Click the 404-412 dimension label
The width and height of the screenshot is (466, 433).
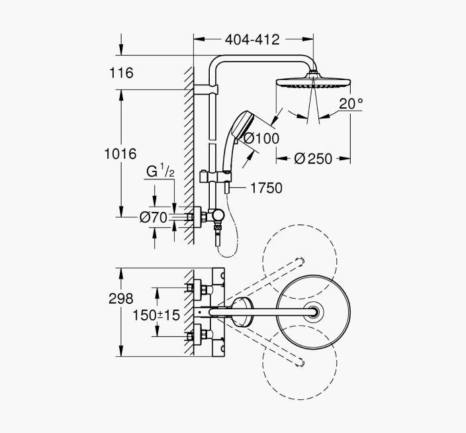(x=252, y=40)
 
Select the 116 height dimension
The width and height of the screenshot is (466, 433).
(x=121, y=73)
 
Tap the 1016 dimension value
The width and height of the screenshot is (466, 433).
(x=120, y=154)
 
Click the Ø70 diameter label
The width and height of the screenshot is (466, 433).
(x=154, y=218)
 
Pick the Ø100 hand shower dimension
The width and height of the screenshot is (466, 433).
(x=261, y=138)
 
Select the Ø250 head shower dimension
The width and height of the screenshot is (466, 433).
(x=313, y=159)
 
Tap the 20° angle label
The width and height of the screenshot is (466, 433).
(x=351, y=104)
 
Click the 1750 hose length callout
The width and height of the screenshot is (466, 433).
(x=266, y=188)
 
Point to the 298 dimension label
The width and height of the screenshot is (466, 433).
(x=120, y=299)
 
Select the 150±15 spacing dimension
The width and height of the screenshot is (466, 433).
(x=156, y=315)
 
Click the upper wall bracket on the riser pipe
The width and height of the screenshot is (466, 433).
(x=206, y=89)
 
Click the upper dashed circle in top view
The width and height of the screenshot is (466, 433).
(x=300, y=262)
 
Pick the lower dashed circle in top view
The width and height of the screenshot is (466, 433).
(x=300, y=363)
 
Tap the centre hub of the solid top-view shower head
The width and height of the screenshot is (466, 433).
(x=314, y=312)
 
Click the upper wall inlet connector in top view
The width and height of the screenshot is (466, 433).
(x=198, y=288)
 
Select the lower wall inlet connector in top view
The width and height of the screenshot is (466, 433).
(x=198, y=337)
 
